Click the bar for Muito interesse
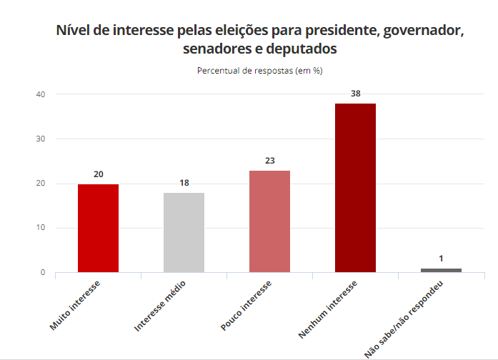pos(98,228)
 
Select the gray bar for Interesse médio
pos(184,232)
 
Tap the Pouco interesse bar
pos(269,221)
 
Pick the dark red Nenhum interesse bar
pos(355,188)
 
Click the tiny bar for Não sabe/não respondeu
pos(441,270)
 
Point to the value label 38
pos(355,94)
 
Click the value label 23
pos(269,161)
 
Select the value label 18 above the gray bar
pos(184,183)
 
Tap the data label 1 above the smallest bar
pos(441,259)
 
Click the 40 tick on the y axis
pos(41,94)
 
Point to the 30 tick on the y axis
pos(41,139)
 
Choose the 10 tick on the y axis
pos(41,228)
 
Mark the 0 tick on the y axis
pos(43,272)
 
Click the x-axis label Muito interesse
pos(75,306)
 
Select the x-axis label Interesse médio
pos(160,306)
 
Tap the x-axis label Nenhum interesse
pos(328,309)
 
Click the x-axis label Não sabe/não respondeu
pos(404,319)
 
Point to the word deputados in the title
pos(301,49)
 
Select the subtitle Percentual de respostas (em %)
pos(260,71)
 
